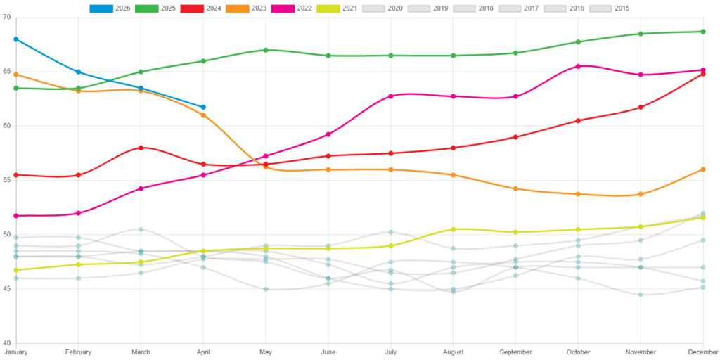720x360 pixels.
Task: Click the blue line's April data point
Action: coord(203,107)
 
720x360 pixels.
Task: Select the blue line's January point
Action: coord(15,39)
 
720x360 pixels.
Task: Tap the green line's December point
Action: coord(703,32)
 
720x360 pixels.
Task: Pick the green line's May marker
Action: coord(266,50)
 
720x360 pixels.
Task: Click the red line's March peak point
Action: coord(141,148)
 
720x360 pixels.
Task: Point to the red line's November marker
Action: coord(641,107)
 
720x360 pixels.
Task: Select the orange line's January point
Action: coord(15,75)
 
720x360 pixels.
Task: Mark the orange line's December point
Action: coord(703,169)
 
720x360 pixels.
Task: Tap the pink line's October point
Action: coord(578,66)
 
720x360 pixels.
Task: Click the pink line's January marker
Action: coord(15,216)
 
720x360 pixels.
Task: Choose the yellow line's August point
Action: coord(453,229)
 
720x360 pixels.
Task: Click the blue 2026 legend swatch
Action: coord(101,8)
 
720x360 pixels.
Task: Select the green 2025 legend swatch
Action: coord(146,8)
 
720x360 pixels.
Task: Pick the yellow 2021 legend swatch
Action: coord(328,8)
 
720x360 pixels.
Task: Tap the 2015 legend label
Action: coord(622,8)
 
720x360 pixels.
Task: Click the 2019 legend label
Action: coord(441,8)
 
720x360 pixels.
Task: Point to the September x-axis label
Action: coord(515,352)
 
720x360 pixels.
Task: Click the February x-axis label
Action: coord(78,352)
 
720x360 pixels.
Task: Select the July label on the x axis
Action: coord(390,352)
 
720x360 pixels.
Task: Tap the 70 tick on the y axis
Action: coord(7,17)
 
